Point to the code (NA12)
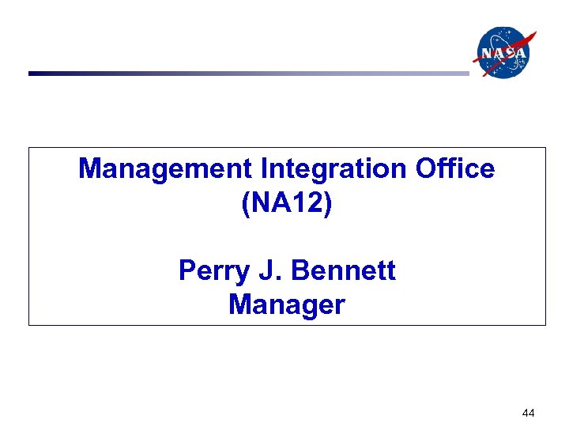pyautogui.click(x=287, y=202)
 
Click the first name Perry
pyautogui.click(x=208, y=271)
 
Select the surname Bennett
pyautogui.click(x=343, y=271)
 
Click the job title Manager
pyautogui.click(x=287, y=304)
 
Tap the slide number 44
pyautogui.click(x=529, y=413)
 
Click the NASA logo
pyautogui.click(x=503, y=53)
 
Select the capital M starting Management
pyautogui.click(x=89, y=168)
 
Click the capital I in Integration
pyautogui.click(x=264, y=168)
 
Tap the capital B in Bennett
pyautogui.click(x=301, y=271)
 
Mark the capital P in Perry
pyautogui.click(x=187, y=271)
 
